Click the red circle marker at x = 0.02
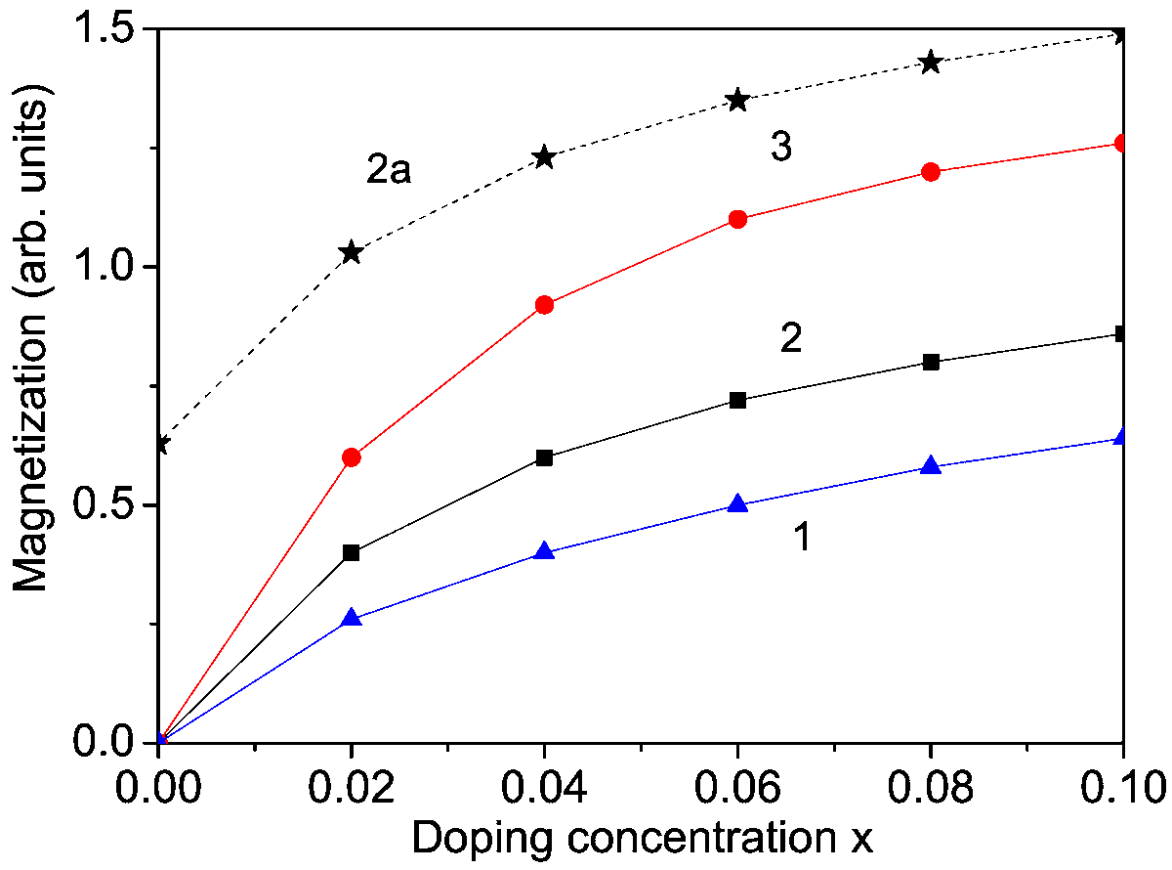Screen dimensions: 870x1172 [352, 457]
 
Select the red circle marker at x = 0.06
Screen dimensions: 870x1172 [737, 219]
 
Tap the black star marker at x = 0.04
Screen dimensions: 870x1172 [544, 157]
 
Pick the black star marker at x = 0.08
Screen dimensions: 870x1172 [930, 63]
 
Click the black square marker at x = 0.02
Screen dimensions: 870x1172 [352, 552]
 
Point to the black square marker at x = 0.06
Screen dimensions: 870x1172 [737, 400]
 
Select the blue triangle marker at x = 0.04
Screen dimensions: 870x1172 [544, 551]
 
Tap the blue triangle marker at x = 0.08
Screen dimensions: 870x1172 [930, 465]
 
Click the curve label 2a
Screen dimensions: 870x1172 [390, 172]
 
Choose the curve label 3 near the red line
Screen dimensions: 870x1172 [779, 148]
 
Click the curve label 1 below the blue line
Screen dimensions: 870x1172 [800, 537]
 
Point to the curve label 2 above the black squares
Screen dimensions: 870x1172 [791, 338]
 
